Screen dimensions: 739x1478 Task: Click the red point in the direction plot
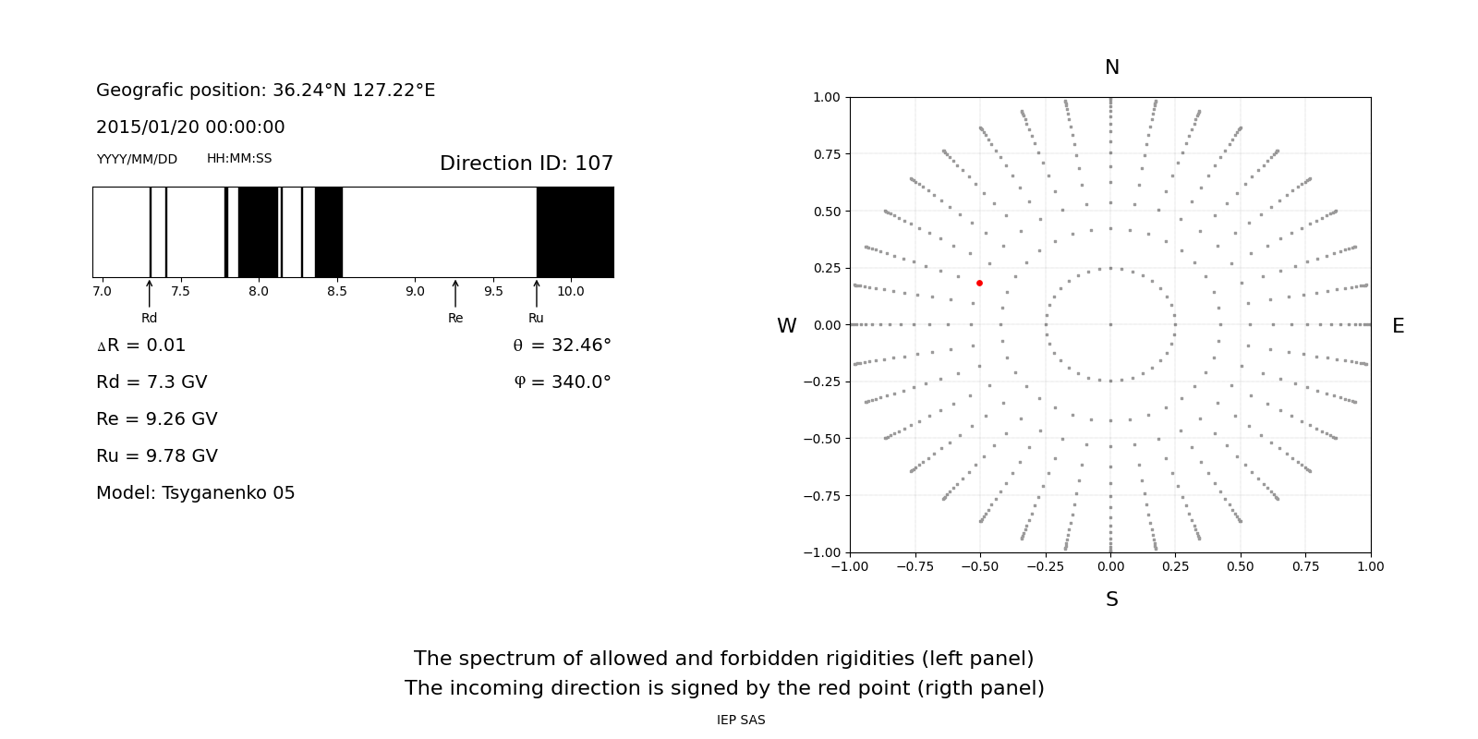(979, 283)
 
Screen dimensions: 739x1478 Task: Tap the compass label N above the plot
(1111, 67)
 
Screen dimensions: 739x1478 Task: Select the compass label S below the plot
(1111, 600)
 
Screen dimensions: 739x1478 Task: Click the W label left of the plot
(786, 326)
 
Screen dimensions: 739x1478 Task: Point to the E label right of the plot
(1398, 326)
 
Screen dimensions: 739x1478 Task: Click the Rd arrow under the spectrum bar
(150, 294)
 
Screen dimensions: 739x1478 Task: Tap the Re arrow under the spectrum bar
(455, 294)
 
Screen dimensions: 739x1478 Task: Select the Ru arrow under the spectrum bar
(537, 294)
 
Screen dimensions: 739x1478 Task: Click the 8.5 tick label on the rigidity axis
(337, 292)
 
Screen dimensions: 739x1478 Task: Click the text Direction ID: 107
(527, 164)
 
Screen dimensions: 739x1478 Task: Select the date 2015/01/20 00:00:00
(190, 127)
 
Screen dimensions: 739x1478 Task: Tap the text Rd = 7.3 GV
(151, 382)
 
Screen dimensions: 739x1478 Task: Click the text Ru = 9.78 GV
(157, 456)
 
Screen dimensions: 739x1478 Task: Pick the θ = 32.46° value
(562, 345)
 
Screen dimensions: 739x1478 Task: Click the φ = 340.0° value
(562, 382)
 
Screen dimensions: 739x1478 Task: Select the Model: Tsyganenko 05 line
(196, 493)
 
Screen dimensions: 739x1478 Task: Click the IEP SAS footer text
(741, 721)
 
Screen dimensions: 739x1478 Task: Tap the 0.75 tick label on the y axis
(826, 154)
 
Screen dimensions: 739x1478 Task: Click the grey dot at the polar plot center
(1110, 324)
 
